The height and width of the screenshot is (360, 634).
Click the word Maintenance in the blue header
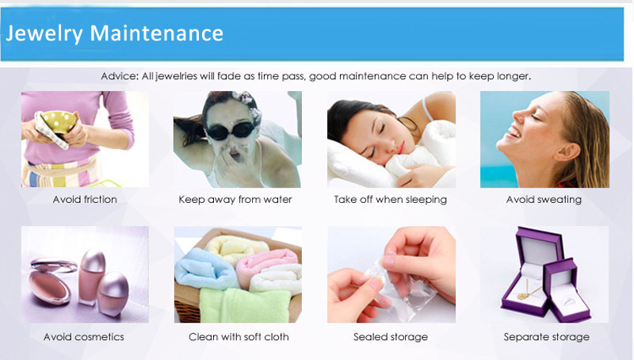(156, 33)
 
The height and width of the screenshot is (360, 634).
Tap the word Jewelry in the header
(44, 34)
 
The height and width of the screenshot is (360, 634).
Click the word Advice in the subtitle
(120, 76)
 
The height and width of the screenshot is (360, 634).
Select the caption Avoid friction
(85, 199)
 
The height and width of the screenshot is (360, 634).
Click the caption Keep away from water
(235, 199)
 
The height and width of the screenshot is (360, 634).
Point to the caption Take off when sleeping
(391, 199)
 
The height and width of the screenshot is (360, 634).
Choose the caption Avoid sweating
(544, 199)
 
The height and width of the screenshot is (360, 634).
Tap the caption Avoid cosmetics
(84, 337)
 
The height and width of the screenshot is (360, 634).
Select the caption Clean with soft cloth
(239, 337)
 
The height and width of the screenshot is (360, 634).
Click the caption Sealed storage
(391, 337)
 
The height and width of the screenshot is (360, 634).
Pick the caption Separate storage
(547, 337)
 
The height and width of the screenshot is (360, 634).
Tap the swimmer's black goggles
(231, 130)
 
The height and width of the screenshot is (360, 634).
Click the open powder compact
(52, 279)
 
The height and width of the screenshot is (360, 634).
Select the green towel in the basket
(245, 305)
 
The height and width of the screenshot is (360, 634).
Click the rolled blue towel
(205, 269)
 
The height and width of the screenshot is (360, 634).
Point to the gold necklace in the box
(528, 290)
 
